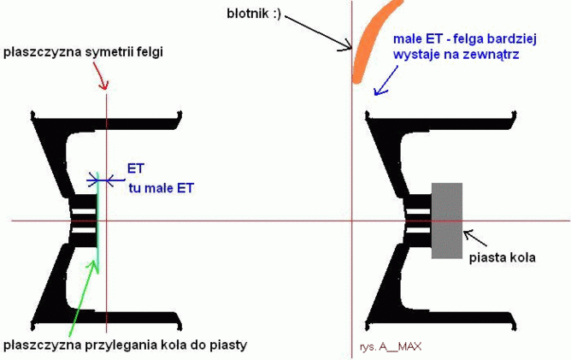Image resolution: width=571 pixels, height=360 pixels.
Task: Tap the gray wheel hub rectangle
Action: [446, 221]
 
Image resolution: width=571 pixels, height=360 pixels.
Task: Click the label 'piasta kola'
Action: [502, 256]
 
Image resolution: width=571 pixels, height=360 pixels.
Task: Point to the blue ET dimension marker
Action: [102, 179]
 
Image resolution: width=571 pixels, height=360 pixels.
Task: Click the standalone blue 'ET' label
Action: [136, 168]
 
